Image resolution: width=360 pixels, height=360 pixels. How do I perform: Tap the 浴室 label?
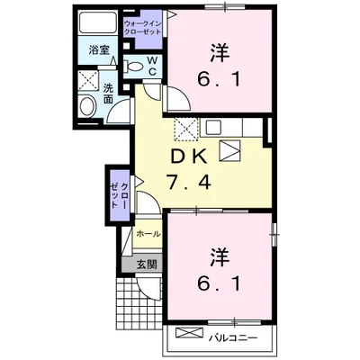click(x=99, y=51)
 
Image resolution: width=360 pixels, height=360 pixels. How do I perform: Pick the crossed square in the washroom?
click(x=87, y=79)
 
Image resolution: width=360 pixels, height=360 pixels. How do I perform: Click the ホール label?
click(x=148, y=235)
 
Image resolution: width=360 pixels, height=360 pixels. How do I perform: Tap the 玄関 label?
click(x=147, y=265)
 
